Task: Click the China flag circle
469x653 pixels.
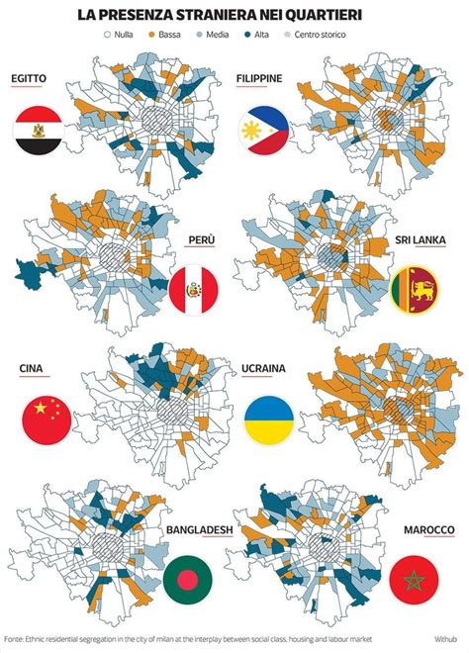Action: click(45, 417)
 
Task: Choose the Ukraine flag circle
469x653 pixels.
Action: click(269, 418)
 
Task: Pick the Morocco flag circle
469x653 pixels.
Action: click(413, 579)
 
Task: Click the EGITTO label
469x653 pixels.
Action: click(34, 78)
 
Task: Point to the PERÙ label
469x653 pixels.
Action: click(201, 239)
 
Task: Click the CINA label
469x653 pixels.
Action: click(31, 368)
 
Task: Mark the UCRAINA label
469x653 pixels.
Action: click(263, 368)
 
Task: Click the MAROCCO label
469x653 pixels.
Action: click(428, 529)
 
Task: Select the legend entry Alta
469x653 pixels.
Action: click(251, 34)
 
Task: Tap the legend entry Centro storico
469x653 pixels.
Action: click(328, 34)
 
